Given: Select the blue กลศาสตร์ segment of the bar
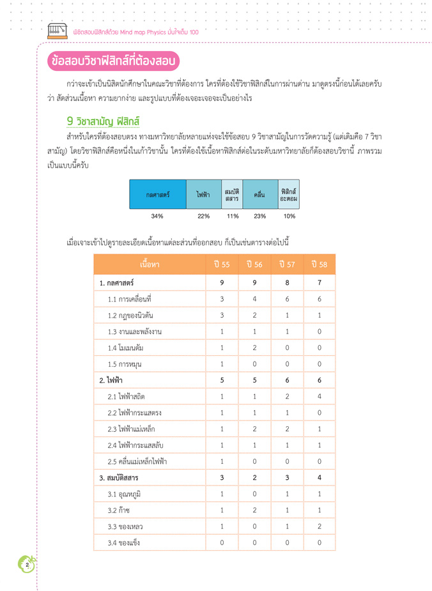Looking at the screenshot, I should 157,194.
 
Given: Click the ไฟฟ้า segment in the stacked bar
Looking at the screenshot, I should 203,194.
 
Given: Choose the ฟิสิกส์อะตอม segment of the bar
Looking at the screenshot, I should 289,194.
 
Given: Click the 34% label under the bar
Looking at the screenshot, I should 157,216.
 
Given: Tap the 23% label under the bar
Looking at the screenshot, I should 259,216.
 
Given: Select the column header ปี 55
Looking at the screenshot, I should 222,265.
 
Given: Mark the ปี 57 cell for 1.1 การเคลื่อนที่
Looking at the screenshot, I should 287,299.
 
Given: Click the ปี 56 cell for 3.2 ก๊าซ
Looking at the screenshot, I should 254,510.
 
